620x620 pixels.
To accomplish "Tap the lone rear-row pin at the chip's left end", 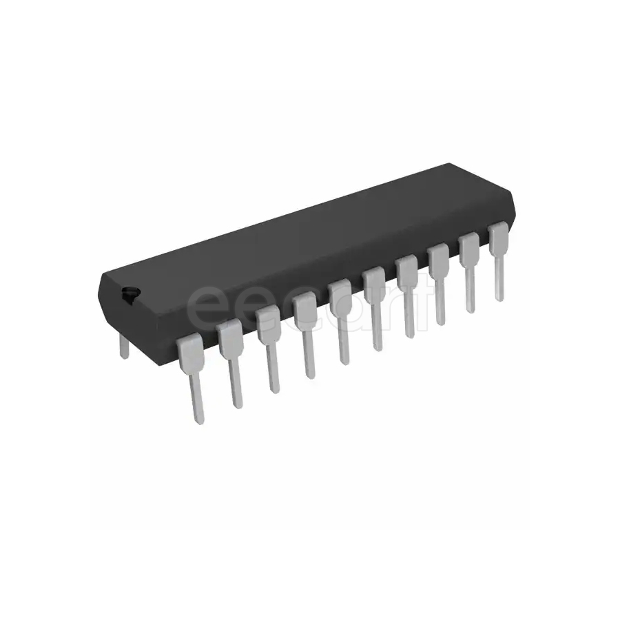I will coord(123,345).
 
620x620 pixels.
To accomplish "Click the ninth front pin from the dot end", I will coord(469,270).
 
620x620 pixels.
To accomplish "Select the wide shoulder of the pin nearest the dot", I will coord(191,350).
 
